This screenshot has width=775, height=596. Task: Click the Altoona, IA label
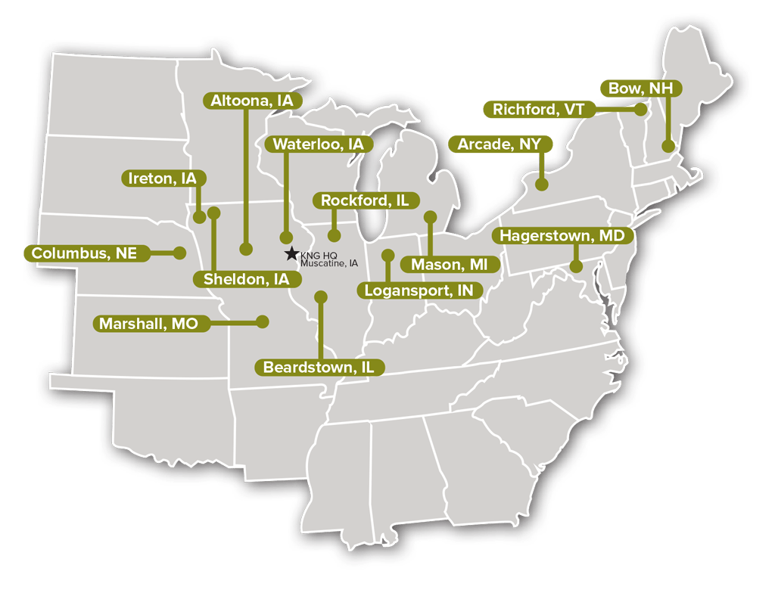[x=252, y=100]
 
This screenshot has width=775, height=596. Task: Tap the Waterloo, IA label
[x=318, y=144]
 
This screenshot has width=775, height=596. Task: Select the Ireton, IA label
[x=163, y=178]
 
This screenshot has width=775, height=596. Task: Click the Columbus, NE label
[x=84, y=253]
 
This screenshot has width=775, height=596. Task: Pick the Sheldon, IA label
[x=247, y=279]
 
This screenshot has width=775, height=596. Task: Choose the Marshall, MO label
[x=149, y=324]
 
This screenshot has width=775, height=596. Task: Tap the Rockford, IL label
[x=365, y=200]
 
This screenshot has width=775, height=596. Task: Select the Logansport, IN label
[x=419, y=290]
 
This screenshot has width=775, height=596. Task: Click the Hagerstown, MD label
[x=562, y=236]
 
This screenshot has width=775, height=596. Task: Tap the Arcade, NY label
[x=501, y=144]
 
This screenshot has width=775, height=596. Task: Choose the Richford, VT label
[x=538, y=110]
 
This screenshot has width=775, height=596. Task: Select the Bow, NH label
[x=640, y=88]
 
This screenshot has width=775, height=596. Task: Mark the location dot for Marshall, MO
[x=263, y=321]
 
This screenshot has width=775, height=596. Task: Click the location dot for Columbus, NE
[x=180, y=253]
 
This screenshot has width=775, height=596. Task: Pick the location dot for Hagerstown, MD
[x=575, y=266]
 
